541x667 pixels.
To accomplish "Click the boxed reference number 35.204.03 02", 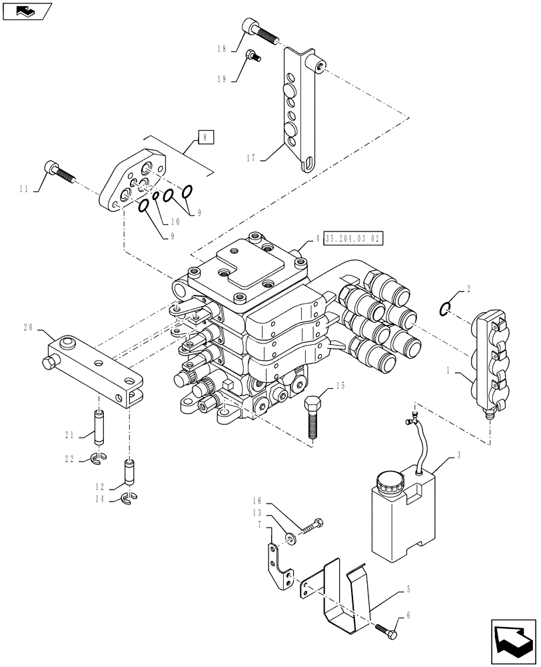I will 354,239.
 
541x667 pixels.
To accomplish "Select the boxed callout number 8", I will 207,137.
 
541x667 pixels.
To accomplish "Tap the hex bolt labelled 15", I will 312,417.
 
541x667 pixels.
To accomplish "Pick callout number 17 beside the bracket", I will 251,158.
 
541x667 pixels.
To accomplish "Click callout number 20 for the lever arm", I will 28,328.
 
